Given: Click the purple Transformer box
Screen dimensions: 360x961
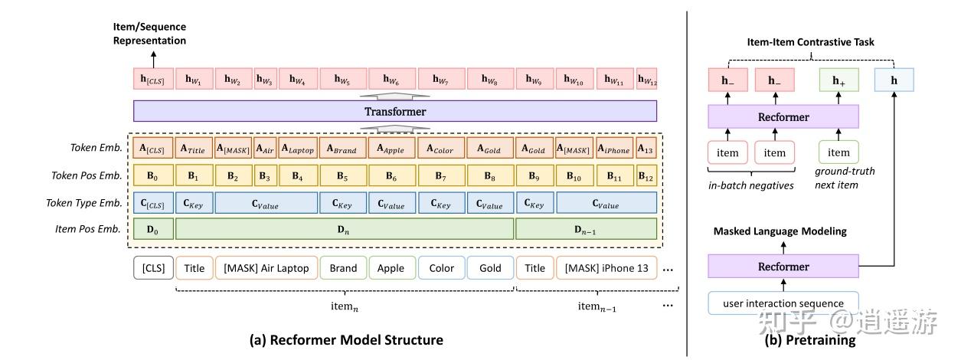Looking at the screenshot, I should point(395,112).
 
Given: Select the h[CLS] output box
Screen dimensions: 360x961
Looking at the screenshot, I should point(152,79).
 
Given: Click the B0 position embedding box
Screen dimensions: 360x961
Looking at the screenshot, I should point(152,175).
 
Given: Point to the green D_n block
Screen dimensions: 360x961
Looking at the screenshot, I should point(344,228).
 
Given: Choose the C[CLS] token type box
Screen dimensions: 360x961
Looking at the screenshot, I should point(152,202).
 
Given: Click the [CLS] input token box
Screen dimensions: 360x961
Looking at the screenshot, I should point(153,268).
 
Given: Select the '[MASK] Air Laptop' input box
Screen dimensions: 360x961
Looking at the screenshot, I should point(266,268).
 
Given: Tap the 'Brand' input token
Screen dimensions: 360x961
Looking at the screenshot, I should point(343,268).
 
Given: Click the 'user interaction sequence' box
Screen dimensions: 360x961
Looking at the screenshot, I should point(783,303).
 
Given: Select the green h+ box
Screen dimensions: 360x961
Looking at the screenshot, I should point(838,80).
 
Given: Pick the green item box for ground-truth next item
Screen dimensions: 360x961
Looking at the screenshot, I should point(838,152).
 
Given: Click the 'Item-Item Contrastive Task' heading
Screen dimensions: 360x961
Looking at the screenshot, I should point(811,42).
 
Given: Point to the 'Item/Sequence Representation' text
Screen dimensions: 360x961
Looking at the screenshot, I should point(151,34).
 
